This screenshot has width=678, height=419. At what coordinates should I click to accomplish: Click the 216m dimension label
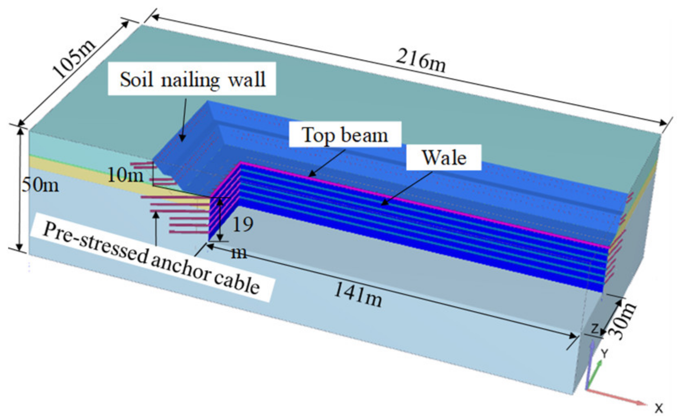[x=421, y=60]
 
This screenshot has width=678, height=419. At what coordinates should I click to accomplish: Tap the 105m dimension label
[x=74, y=59]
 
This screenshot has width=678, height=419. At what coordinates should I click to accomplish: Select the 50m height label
[x=40, y=185]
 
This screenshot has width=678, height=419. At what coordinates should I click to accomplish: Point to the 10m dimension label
[x=125, y=175]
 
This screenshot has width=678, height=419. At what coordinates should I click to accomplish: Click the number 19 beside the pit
[x=242, y=224]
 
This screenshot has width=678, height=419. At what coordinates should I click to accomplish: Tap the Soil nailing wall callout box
[x=192, y=79]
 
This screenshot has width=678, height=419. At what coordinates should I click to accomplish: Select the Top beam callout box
[x=345, y=135]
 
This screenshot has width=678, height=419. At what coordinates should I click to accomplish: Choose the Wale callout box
[x=444, y=158]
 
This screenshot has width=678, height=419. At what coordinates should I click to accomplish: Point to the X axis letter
[x=659, y=407]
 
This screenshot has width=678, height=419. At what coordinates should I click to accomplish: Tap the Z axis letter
[x=595, y=328]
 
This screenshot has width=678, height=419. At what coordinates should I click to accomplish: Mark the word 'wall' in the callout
[x=247, y=79]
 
